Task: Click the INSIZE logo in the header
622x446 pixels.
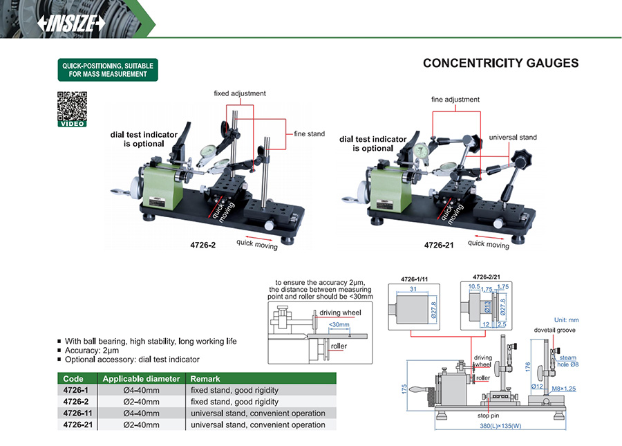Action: coord(72,23)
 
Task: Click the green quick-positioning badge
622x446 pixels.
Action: coord(108,70)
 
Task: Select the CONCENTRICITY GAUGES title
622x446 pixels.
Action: coord(500,64)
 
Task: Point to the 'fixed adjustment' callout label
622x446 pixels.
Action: coord(239,93)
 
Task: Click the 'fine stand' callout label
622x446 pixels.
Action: coord(309,134)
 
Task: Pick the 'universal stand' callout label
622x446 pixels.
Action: coord(513,138)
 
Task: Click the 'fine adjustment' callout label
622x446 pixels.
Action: coord(455,100)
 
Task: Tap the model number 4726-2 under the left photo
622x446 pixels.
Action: coord(202,245)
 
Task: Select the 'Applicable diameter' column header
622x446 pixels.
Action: coord(141,379)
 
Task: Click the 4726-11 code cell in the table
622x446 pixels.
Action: coord(75,414)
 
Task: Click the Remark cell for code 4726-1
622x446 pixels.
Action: coord(234,391)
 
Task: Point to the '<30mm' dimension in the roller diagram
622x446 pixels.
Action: coord(339,324)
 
